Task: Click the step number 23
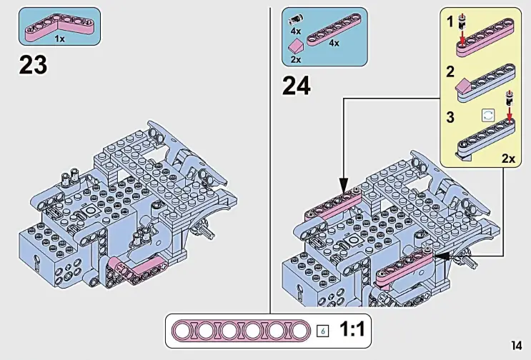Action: pyautogui.click(x=32, y=65)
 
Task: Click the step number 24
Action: pyautogui.click(x=297, y=86)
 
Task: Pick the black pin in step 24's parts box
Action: pyautogui.click(x=294, y=21)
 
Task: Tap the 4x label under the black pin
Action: pyautogui.click(x=295, y=32)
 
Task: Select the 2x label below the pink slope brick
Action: pyautogui.click(x=295, y=60)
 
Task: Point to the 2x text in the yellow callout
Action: pyautogui.click(x=507, y=159)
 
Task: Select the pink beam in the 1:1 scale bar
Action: pyautogui.click(x=242, y=331)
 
